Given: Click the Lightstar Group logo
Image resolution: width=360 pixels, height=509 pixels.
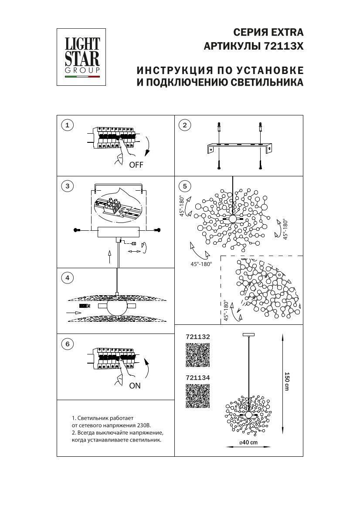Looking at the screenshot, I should point(82,57).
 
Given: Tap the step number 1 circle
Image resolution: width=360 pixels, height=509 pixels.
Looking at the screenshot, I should point(67,126).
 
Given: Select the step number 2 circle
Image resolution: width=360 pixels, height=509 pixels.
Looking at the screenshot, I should point(185,126).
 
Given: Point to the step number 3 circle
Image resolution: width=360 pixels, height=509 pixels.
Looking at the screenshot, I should point(67,186).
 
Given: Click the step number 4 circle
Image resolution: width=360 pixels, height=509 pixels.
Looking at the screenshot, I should point(67,277).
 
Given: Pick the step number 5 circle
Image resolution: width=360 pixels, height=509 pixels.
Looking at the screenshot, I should point(185,186).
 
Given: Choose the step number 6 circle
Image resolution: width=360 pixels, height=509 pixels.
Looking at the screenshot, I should point(67,344).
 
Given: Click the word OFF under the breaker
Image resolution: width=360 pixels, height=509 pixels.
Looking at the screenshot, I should point(136,165).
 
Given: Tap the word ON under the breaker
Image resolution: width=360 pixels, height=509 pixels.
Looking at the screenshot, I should point(135,385).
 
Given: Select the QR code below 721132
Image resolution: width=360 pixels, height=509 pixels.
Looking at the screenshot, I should point(198,355).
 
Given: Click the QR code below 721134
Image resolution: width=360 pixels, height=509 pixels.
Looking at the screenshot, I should point(198,396).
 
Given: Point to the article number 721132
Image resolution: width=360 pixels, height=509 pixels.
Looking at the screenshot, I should point(198,337).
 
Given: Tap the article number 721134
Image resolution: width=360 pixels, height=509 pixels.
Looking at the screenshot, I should point(198,378).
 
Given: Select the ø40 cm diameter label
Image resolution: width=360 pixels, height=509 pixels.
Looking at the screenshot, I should point(248,442).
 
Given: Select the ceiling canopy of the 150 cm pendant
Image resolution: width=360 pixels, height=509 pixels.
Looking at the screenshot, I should point(248,334).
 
